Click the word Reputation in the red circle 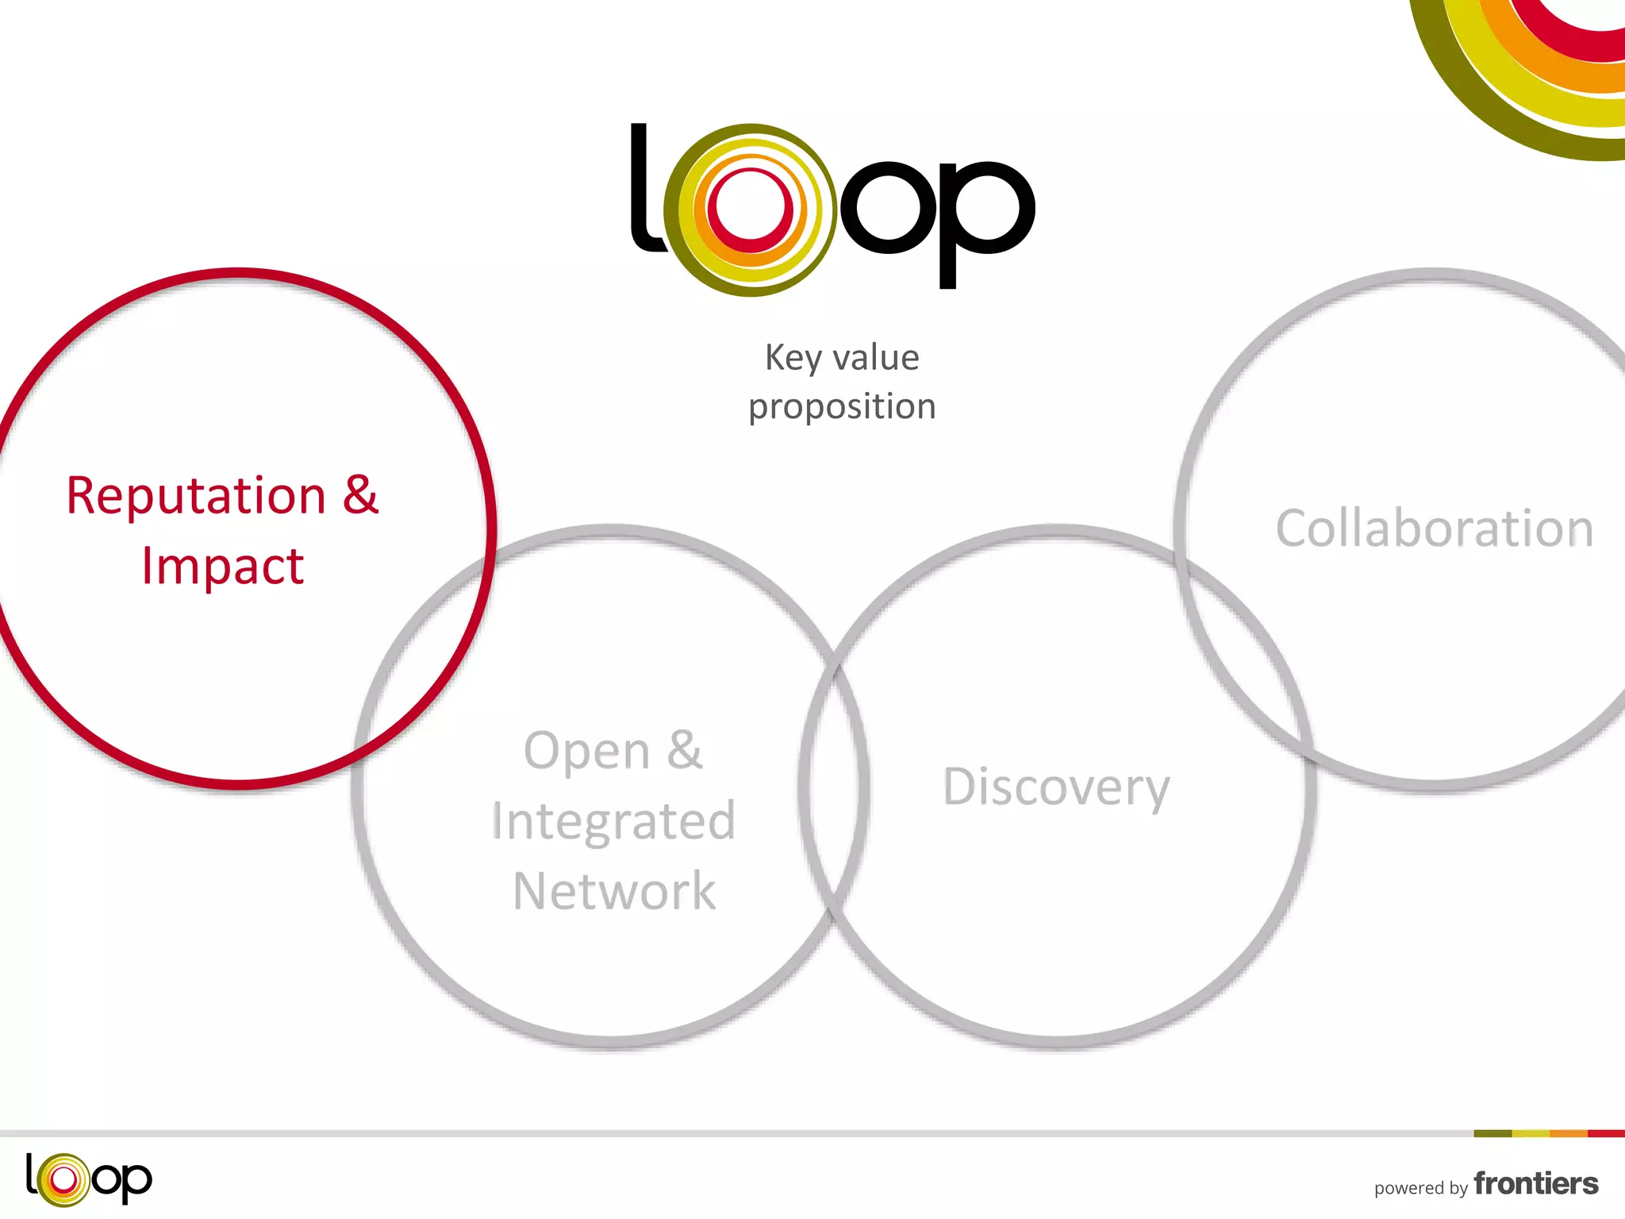[195, 496]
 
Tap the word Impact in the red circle [223, 567]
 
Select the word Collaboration [1434, 529]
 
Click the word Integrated [613, 821]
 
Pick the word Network [614, 891]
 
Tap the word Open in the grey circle [586, 751]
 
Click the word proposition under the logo [842, 407]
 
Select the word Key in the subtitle [791, 358]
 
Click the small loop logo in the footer [88, 1179]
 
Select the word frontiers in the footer [1535, 1184]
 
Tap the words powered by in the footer [1420, 1188]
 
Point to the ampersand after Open [684, 750]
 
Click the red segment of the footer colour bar [1606, 1133]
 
